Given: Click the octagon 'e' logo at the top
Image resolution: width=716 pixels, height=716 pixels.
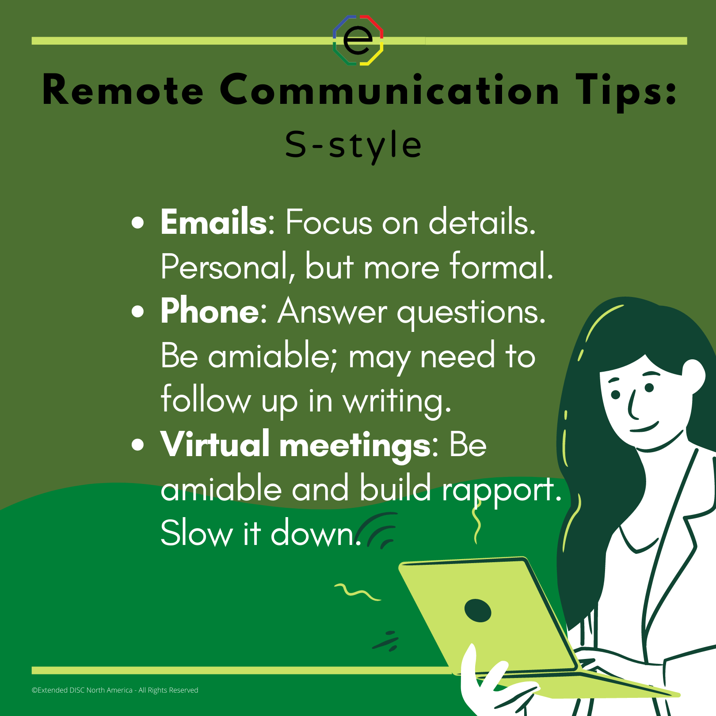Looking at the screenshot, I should click(358, 40).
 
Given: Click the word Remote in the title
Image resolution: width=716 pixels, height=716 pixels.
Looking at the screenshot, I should click(123, 91).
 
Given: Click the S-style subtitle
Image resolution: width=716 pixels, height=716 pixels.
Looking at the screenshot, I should click(353, 145).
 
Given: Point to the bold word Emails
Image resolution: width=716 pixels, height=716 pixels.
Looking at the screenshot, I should click(213, 222).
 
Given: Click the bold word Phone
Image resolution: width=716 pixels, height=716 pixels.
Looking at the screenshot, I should click(209, 311).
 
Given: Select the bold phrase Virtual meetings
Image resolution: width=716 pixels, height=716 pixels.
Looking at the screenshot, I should click(295, 445).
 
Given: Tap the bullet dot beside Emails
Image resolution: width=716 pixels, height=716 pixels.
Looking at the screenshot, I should click(138, 222).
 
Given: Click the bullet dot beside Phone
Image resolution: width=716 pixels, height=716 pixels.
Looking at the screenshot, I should click(138, 311).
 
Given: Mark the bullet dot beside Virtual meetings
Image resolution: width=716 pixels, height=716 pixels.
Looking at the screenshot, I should click(138, 445).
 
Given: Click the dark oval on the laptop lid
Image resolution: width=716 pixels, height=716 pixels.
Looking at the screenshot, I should click(478, 610).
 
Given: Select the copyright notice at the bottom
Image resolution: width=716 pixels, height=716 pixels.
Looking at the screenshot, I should click(115, 690).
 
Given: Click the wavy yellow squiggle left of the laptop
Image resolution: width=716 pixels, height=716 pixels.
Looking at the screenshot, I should click(357, 592).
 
